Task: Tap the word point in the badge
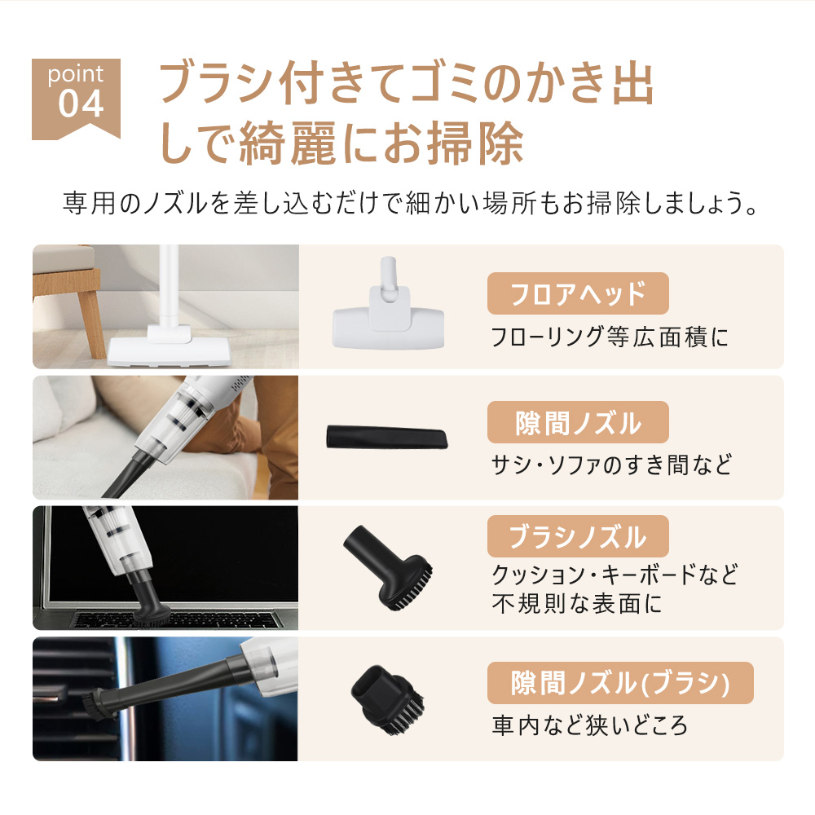75,75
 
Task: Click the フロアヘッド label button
577,293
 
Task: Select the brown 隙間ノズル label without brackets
577,423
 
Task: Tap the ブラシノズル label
577,537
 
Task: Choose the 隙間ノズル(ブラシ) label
620,683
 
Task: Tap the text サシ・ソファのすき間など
611,465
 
